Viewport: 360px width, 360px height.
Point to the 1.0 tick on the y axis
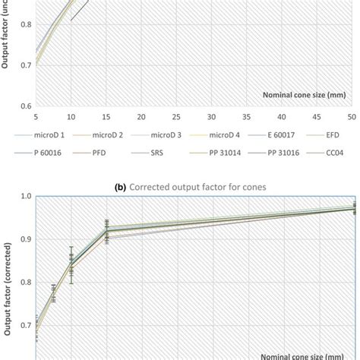click(25, 196)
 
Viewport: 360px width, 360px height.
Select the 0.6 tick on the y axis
click(25, 106)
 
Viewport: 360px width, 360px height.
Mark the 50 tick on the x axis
click(352, 116)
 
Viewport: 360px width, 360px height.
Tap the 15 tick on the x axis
click(106, 116)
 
